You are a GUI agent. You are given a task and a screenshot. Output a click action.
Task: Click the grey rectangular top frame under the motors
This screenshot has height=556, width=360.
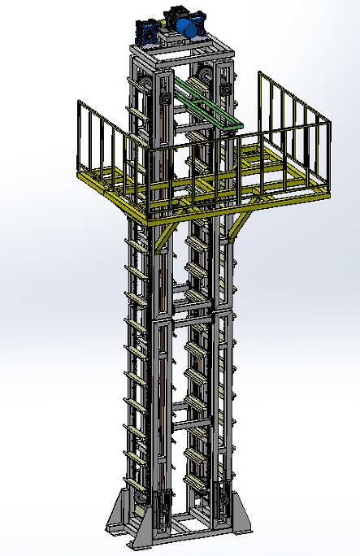184,54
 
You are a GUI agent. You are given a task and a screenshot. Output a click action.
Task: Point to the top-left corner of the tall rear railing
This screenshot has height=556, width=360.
259,74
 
